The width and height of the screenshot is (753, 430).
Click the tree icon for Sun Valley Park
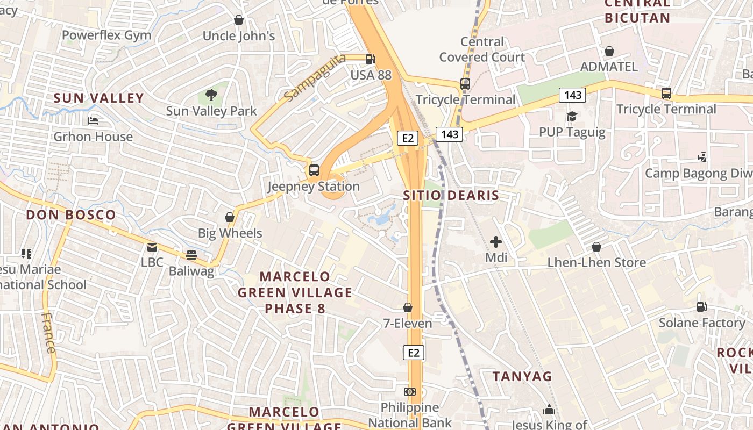pyautogui.click(x=211, y=96)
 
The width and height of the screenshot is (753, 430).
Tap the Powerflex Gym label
pyautogui.click(x=106, y=35)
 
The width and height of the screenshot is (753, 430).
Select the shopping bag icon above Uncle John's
pyautogui.click(x=239, y=20)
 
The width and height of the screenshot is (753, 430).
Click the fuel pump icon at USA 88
pyautogui.click(x=371, y=59)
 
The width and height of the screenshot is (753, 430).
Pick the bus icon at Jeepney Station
pyautogui.click(x=314, y=170)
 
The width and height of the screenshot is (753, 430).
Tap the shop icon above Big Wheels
pyautogui.click(x=230, y=217)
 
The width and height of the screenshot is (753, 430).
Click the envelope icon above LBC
pyautogui.click(x=152, y=247)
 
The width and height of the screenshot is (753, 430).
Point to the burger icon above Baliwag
pyautogui.click(x=191, y=255)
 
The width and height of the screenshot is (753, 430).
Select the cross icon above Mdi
pyautogui.click(x=496, y=242)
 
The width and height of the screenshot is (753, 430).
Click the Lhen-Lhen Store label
pyautogui.click(x=596, y=262)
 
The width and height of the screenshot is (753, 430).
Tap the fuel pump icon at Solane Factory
pyautogui.click(x=702, y=307)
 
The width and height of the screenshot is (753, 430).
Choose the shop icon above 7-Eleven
pyautogui.click(x=408, y=307)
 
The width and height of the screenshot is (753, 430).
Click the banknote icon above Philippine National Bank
pyautogui.click(x=410, y=391)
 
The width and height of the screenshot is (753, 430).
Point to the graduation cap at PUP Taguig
pyautogui.click(x=572, y=116)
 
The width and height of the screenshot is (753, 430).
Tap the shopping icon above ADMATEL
pyautogui.click(x=609, y=51)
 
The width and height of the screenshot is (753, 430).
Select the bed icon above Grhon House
pyautogui.click(x=93, y=121)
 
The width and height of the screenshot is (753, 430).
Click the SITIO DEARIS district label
pyautogui.click(x=451, y=195)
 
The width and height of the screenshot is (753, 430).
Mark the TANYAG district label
pyautogui.click(x=522, y=376)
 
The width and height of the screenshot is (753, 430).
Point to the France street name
pyautogui.click(x=48, y=332)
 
